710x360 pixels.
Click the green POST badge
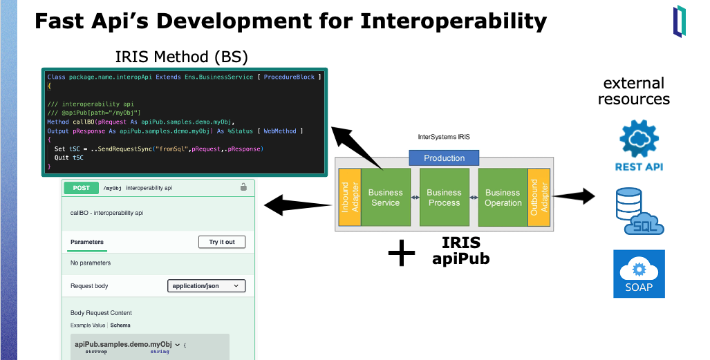pos(82,187)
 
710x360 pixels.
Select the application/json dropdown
pos(206,285)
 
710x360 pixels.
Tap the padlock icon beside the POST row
pos(243,187)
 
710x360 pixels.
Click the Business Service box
pos(385,198)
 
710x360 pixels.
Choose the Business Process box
pos(444,198)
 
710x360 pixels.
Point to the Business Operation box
pos(503,198)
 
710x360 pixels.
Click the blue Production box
pos(444,158)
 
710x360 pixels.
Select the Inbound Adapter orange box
pos(349,197)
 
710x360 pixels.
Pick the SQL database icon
pos(639,210)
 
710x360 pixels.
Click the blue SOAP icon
pos(639,274)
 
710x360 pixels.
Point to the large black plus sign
pos(402,254)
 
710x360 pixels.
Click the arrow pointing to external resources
pos(573,196)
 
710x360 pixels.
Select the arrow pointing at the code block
pos(356,146)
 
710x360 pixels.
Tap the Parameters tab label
pos(87,242)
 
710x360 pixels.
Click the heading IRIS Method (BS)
pos(181,56)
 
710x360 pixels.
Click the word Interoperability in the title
pos(454,21)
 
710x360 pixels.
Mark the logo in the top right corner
pos(680,21)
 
